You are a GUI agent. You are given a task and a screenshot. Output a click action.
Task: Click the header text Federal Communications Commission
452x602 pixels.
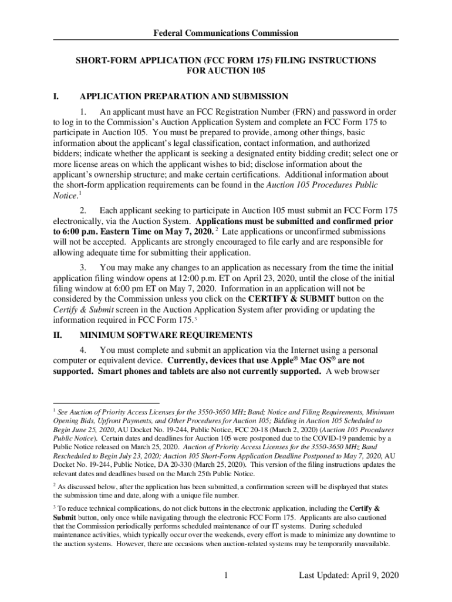pyautogui.click(x=226, y=34)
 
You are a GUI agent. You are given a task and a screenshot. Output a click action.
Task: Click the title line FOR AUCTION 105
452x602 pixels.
pyautogui.click(x=226, y=71)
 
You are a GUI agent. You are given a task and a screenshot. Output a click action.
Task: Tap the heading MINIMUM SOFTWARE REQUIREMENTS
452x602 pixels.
pyautogui.click(x=166, y=335)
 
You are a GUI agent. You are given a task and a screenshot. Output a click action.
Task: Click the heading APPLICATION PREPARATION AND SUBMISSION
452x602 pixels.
pyautogui.click(x=184, y=96)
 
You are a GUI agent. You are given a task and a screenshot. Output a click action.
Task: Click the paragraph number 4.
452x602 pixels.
pyautogui.click(x=84, y=350)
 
